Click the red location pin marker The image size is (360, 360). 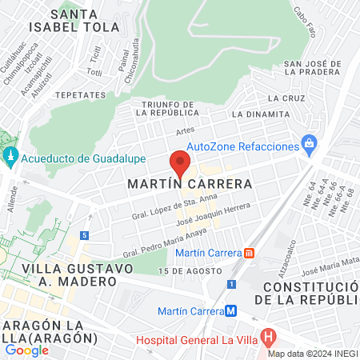[x=180, y=164]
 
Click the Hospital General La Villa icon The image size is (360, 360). [x=268, y=337]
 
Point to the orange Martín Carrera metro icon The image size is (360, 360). [x=249, y=254]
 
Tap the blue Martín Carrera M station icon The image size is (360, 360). [x=230, y=310]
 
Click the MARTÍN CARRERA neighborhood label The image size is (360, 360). [x=190, y=184]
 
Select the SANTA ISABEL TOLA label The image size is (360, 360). [x=85, y=20]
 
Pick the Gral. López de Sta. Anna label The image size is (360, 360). [x=170, y=208]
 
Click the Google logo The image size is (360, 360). [x=27, y=350]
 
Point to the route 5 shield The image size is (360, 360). [x=84, y=235]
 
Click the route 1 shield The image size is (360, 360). [x=232, y=284]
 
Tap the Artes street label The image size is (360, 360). [x=185, y=130]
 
